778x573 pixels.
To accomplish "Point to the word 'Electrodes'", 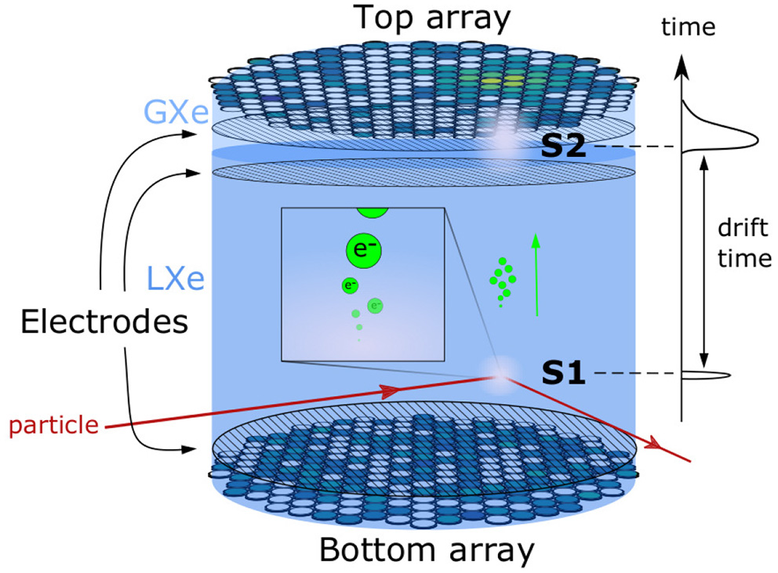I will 104,321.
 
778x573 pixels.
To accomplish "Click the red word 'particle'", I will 53,426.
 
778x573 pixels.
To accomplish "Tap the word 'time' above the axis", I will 689,27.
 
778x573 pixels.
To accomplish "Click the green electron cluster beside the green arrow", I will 502,282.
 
